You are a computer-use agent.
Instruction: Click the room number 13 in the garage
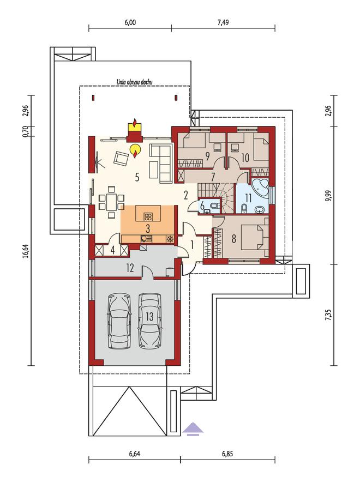[149, 316]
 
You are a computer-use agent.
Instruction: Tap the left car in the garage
[118, 321]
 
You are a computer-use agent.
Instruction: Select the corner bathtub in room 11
[260, 188]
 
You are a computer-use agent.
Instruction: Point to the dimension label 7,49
[223, 22]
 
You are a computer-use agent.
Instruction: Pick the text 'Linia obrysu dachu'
[134, 82]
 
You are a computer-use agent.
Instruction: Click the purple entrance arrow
[193, 428]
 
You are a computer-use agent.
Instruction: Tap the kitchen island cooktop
[148, 216]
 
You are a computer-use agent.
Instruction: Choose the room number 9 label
[207, 156]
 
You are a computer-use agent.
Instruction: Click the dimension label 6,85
[227, 454]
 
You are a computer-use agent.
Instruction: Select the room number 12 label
[130, 268]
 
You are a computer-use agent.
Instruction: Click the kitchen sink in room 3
[146, 238]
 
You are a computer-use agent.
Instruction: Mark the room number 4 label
[113, 250]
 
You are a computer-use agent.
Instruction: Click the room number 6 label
[202, 206]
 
